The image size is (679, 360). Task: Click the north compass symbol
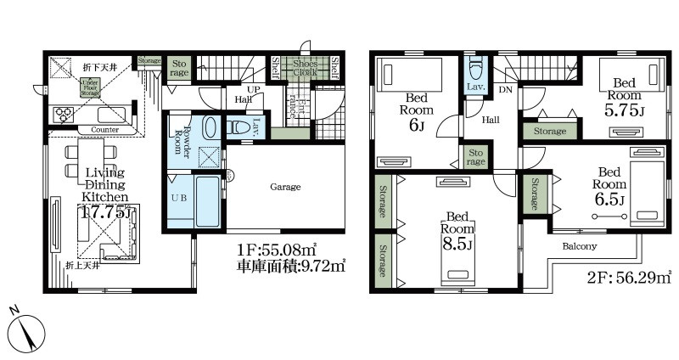[28, 327]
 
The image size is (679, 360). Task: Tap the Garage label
[285, 187]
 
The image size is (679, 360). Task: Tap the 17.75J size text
[105, 212]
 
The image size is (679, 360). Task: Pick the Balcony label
[579, 246]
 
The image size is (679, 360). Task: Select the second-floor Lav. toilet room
[474, 75]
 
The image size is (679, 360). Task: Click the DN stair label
[505, 89]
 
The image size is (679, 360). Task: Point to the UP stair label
[252, 89]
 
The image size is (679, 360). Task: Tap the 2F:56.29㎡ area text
[631, 275]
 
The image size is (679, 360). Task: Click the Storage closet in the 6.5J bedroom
[536, 195]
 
